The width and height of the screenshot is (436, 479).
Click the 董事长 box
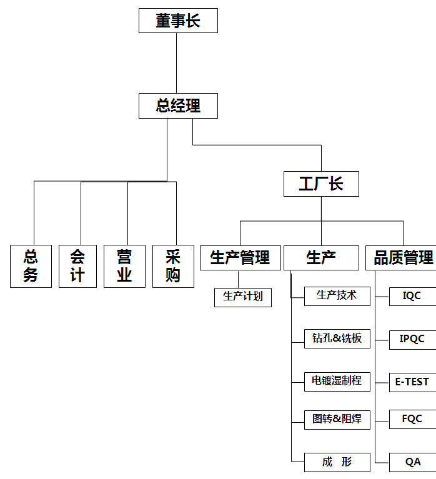click(x=178, y=21)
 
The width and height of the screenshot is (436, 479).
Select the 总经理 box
click(x=178, y=106)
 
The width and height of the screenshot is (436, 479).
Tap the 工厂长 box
click(x=321, y=184)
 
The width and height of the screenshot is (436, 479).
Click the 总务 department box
click(x=31, y=266)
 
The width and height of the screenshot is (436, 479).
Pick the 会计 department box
click(x=77, y=266)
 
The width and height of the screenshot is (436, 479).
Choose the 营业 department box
click(x=124, y=266)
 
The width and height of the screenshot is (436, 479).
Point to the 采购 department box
click(x=173, y=266)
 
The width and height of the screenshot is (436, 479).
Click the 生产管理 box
click(x=240, y=257)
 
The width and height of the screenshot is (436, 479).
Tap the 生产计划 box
click(x=243, y=297)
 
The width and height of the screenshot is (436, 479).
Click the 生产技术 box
click(x=337, y=295)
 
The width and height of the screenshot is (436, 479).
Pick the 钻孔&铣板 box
click(x=337, y=338)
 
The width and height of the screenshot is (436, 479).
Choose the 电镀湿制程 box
click(x=337, y=381)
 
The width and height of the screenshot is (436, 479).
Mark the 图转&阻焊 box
click(x=337, y=419)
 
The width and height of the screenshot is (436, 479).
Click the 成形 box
click(x=337, y=462)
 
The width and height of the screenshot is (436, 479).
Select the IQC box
click(x=412, y=296)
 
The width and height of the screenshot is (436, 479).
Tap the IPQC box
click(x=412, y=339)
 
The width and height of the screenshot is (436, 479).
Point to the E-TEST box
click(x=412, y=382)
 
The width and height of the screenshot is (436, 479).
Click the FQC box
click(x=412, y=419)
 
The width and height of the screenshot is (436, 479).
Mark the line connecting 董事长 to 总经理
click(x=177, y=63)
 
